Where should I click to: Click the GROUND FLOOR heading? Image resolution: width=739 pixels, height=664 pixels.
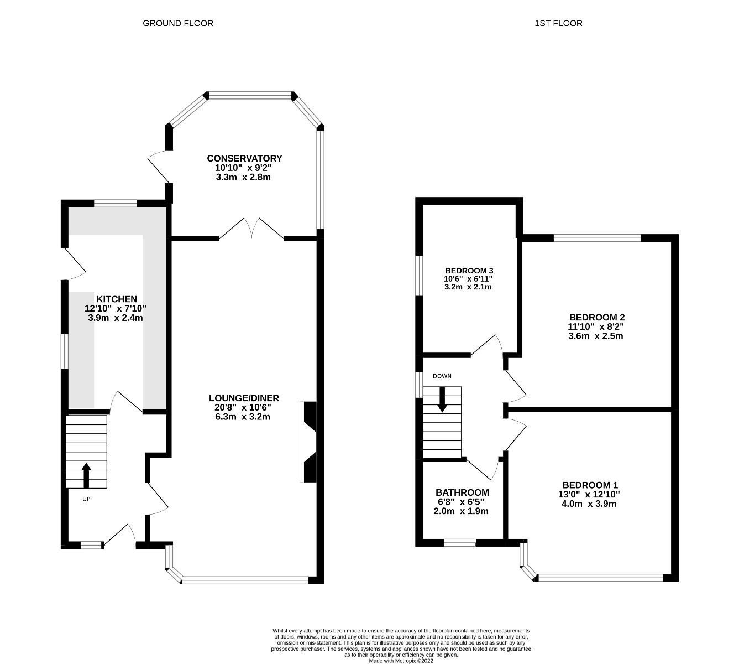point(177,23)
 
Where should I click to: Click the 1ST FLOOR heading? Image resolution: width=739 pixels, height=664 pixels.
point(558,23)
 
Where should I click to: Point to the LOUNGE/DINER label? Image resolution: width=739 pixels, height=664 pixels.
point(244,398)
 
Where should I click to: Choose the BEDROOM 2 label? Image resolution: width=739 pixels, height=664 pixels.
point(597,318)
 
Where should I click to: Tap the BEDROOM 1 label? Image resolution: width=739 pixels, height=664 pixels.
point(590,485)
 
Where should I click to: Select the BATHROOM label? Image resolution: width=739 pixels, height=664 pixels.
point(462,492)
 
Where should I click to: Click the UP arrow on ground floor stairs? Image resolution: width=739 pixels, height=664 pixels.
point(86,475)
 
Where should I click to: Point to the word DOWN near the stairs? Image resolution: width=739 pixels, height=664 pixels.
point(442,376)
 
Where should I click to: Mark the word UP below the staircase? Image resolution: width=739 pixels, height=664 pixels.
point(86,499)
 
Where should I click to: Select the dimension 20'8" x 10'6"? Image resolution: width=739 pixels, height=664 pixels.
point(244,407)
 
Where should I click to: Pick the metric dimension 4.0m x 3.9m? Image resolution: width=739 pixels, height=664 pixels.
point(590,504)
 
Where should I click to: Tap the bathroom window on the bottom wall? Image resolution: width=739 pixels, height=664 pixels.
point(460,543)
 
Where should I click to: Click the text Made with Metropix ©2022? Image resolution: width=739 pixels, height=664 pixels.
point(401,660)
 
